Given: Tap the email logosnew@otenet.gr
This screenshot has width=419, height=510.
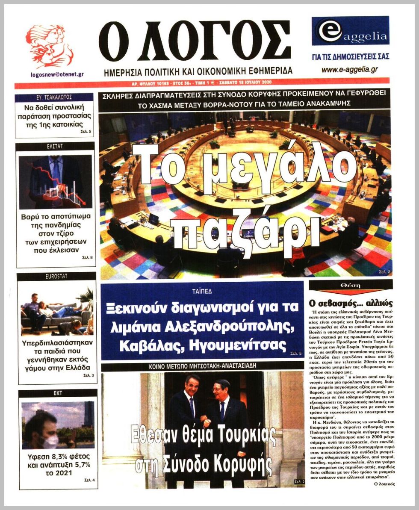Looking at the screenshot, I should pyautogui.click(x=57, y=74).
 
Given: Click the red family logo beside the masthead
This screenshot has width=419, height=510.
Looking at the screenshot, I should pyautogui.click(x=50, y=46).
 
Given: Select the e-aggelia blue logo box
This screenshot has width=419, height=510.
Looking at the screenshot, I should pyautogui.click(x=351, y=31).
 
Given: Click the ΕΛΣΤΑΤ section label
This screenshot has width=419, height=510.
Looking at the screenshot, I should pyautogui.click(x=55, y=147).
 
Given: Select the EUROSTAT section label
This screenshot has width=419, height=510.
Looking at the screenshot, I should pyautogui.click(x=56, y=277).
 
